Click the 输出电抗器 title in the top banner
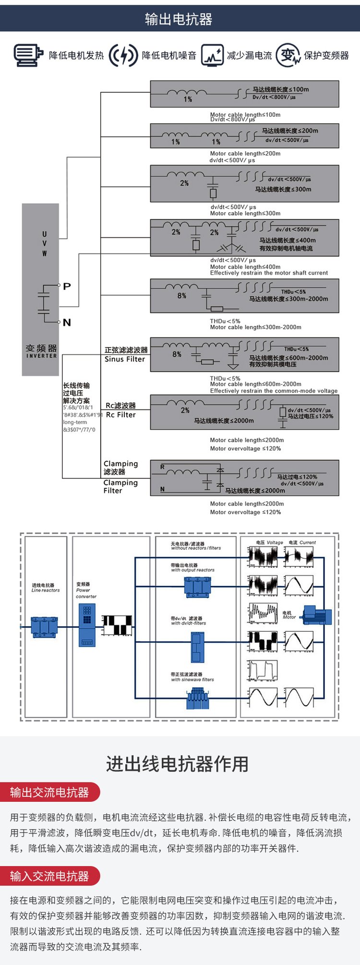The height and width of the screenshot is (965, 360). (x=179, y=19)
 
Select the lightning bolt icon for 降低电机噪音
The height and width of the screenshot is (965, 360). (x=123, y=55)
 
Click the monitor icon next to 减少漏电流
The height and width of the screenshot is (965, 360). (x=212, y=55)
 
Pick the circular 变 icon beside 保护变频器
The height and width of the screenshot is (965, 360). (x=288, y=55)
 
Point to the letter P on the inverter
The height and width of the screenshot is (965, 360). (x=67, y=286)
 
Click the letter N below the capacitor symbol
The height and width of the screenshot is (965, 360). (x=67, y=323)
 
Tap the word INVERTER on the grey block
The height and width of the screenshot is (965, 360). (x=41, y=356)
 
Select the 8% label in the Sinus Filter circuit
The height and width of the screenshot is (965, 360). (x=177, y=354)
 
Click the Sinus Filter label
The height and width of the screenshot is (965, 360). (x=125, y=359)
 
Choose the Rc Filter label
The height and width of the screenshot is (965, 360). (x=120, y=415)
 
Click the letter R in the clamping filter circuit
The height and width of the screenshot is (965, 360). (x=162, y=467)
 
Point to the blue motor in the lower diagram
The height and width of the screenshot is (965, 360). (x=317, y=615)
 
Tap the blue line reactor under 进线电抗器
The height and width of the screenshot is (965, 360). (x=44, y=627)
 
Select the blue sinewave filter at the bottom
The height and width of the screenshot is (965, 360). (x=198, y=699)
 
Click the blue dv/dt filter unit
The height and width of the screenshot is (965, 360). (x=197, y=648)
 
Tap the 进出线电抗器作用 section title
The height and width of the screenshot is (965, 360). (x=177, y=763)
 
